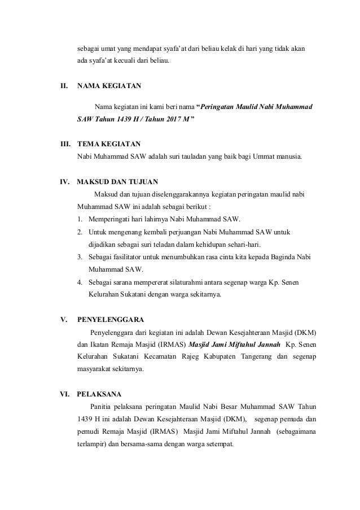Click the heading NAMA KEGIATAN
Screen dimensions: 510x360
click(x=109, y=87)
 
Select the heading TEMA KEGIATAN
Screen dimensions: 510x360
click(x=109, y=144)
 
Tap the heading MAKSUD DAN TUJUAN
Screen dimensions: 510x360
click(x=117, y=182)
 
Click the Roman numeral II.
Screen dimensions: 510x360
click(x=64, y=87)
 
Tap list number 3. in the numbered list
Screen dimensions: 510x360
click(x=81, y=257)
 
